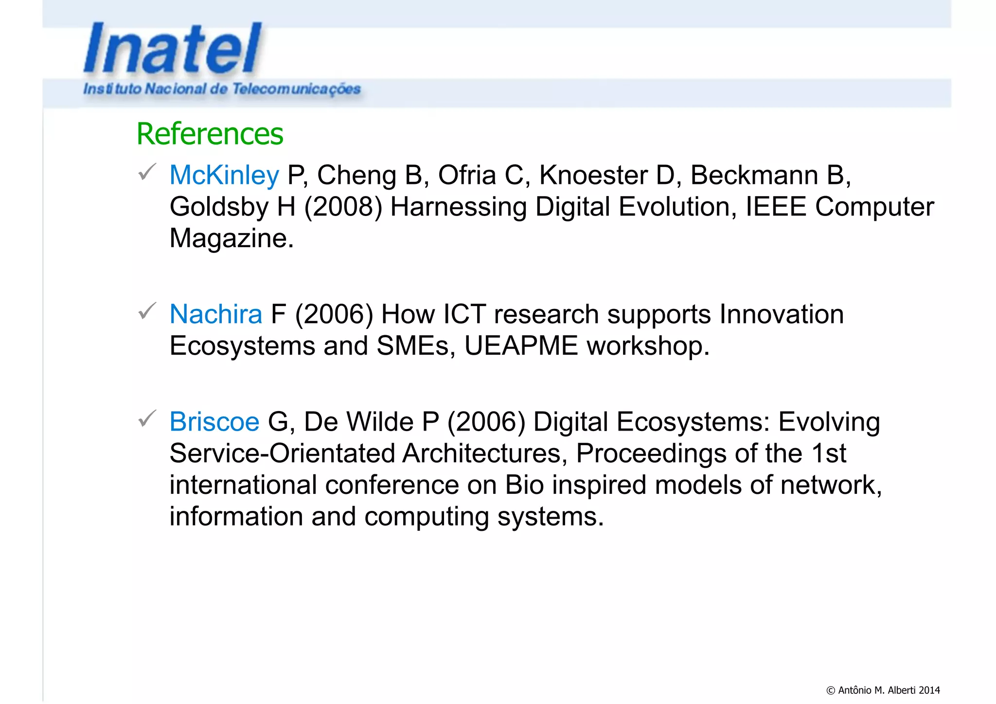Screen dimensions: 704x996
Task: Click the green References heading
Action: coord(210,134)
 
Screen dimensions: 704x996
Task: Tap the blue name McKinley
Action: coord(224,175)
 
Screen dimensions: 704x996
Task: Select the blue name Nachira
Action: coord(215,314)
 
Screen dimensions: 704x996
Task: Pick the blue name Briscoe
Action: coord(214,422)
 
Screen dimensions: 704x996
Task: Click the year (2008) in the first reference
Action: coord(343,207)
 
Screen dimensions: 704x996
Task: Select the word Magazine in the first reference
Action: coord(231,238)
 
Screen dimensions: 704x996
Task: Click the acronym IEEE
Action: coord(776,207)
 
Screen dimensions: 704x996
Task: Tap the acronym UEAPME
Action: coord(521,346)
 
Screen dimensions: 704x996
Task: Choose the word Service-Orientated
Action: coord(282,453)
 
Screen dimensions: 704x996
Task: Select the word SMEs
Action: coord(416,346)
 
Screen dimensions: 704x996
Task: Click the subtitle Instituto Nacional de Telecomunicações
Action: coord(222,89)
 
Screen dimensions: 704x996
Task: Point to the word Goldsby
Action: coord(219,207)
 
